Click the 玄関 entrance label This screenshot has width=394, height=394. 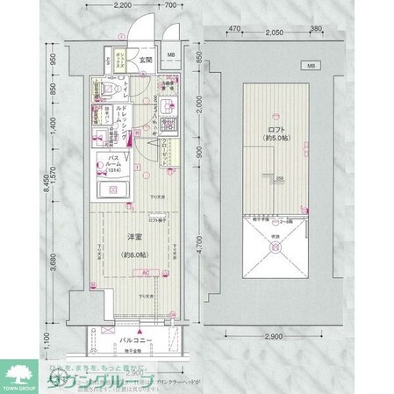[x=147, y=61]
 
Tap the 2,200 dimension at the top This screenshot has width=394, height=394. [x=124, y=6]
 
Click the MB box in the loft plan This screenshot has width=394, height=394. [x=311, y=66]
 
